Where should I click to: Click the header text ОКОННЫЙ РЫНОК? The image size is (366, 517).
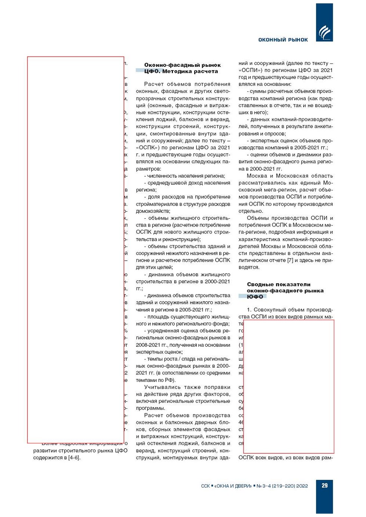283,40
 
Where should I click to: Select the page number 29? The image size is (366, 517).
325,485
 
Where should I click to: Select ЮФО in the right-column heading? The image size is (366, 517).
255,297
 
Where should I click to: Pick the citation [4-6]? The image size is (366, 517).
74,458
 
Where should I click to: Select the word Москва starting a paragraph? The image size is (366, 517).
257,176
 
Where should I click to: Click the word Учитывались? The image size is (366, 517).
162,387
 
